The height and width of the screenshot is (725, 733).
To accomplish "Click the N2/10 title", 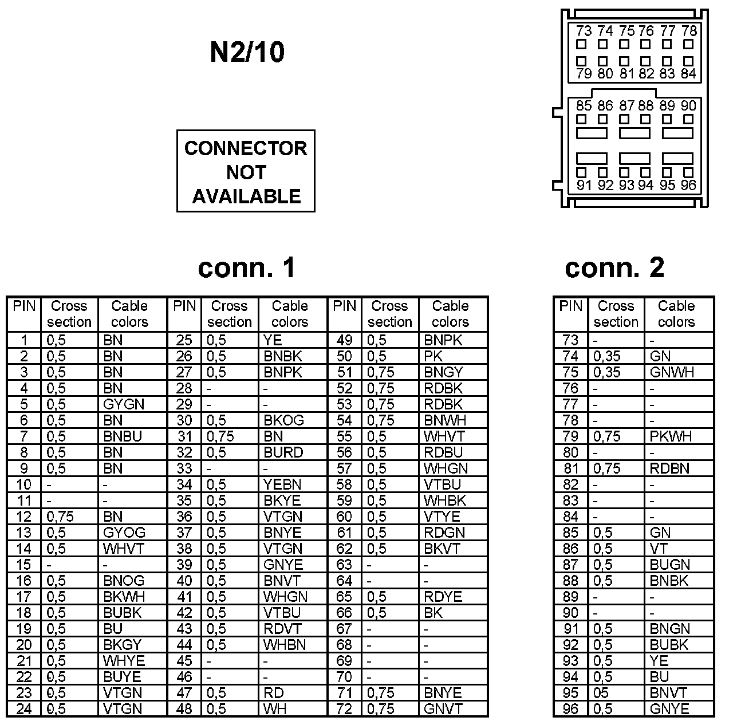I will point(247,52).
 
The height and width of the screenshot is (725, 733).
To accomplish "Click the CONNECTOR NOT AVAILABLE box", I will point(246,171).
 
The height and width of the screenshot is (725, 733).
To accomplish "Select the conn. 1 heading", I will point(247,267).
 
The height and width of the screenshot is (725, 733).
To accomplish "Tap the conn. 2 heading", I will point(614,267).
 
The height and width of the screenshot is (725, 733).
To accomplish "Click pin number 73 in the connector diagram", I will point(584,31).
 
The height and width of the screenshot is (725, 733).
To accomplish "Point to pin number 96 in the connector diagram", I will point(688,185).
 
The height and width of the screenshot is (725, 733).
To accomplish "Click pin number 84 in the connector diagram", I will point(688,73).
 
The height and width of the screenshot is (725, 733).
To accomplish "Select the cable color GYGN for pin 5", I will point(124,404).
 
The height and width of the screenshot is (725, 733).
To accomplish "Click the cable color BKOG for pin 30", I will point(283,420).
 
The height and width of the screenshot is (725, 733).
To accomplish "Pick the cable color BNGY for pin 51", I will point(443,372).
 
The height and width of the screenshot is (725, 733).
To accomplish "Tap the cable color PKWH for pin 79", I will point(671,436).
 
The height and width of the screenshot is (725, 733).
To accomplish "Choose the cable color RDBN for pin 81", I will point(669,468).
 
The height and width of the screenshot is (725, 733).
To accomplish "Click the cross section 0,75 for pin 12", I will point(60,517).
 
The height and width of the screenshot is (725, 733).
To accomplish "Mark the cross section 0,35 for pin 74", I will point(607,356).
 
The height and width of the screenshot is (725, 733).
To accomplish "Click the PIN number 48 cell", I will point(184,709).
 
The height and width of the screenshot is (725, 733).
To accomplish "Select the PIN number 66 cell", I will point(344,613).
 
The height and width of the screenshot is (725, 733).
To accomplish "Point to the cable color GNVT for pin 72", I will point(443,709).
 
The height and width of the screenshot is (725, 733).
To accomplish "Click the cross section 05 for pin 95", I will point(601,693).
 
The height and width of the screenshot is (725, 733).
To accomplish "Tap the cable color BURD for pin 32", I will point(283,452).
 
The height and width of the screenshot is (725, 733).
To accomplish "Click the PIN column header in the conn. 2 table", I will point(570,306).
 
